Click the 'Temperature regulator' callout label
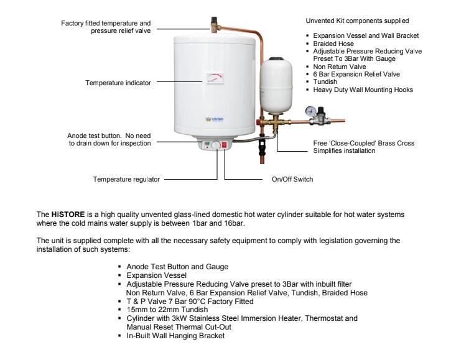[x=126, y=179]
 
